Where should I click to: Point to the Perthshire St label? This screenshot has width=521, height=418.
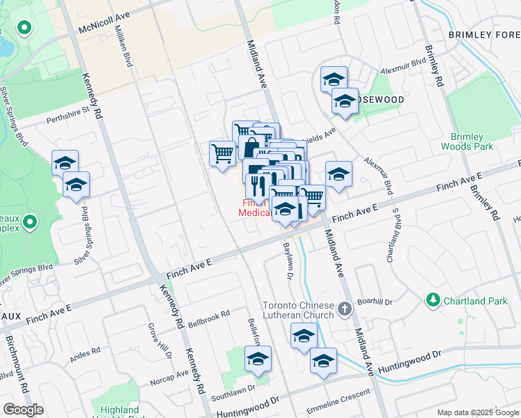[x=68, y=114]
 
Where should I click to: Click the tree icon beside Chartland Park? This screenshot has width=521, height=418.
[x=433, y=300]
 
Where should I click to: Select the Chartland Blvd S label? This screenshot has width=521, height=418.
[x=392, y=234]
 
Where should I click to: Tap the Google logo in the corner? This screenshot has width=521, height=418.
[x=24, y=409]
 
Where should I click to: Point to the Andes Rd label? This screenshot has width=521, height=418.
[x=85, y=357]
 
